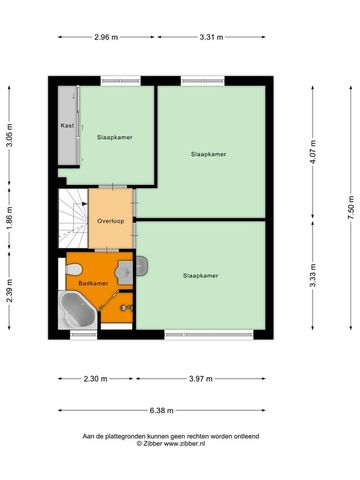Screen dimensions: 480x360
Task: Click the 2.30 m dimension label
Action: [93, 379]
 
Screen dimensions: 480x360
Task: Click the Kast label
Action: [68, 126]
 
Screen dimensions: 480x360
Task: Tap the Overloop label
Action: [109, 220]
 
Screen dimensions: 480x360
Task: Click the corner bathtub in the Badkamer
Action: [79, 310]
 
